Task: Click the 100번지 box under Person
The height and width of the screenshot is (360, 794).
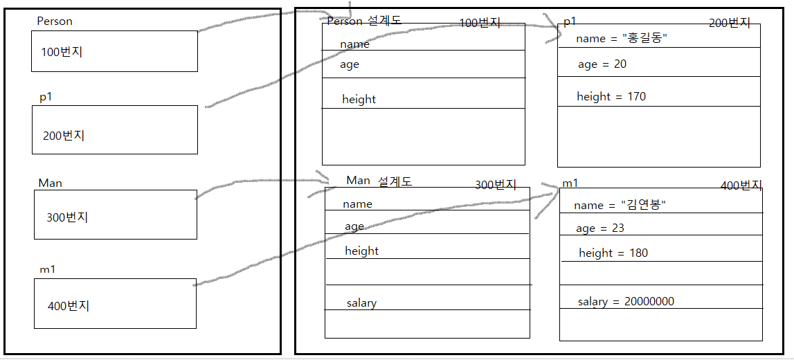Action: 114,51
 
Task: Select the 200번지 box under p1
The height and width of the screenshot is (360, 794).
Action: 114,130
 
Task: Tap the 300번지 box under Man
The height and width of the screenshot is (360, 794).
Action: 115,215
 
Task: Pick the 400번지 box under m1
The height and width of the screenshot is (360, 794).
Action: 115,303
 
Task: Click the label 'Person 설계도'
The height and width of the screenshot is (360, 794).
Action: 364,21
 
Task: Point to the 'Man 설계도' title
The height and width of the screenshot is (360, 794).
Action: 379,181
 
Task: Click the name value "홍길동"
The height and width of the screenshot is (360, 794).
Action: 644,39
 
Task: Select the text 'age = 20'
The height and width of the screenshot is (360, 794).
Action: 602,64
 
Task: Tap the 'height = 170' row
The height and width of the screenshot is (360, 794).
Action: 611,97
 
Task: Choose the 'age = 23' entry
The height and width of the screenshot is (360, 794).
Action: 600,228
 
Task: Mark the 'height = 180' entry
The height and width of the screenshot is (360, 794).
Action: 613,253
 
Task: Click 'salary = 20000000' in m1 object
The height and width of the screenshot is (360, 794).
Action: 626,302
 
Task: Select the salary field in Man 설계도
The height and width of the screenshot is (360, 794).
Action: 362,303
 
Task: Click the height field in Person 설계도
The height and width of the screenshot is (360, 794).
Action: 359,100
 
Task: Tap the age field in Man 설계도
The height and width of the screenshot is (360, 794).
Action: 354,226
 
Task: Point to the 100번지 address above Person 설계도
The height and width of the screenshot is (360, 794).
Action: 480,23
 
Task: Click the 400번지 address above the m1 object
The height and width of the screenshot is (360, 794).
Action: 741,186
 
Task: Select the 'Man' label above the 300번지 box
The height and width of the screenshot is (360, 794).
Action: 50,183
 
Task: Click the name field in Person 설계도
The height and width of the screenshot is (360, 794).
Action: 354,44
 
